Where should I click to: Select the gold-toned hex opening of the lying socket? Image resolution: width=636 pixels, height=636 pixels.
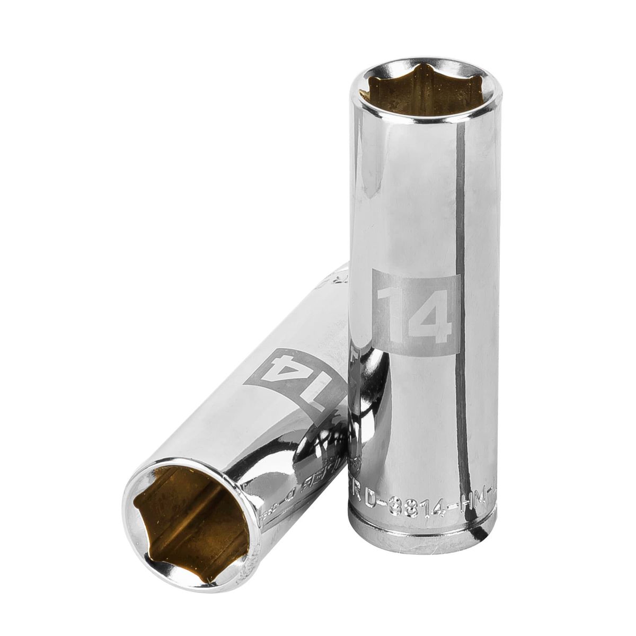pos(184,511)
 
